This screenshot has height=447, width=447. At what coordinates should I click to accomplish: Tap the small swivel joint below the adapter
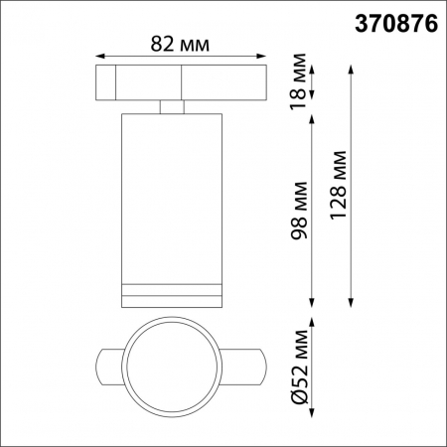coord(171,106)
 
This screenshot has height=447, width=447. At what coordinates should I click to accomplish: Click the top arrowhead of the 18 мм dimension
coord(314,69)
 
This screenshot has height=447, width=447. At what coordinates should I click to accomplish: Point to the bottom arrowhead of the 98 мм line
coord(314,305)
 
